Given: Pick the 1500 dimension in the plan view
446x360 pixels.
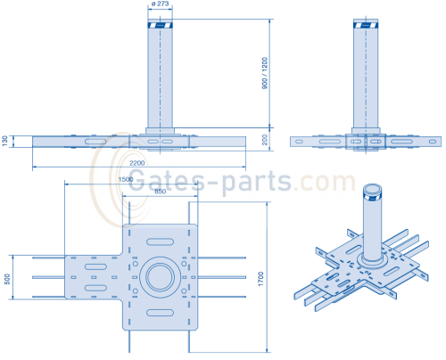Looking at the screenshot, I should [127, 181].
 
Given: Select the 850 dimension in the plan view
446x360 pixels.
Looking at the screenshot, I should [160, 191].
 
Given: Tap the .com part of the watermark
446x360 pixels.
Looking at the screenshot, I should [326, 181].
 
